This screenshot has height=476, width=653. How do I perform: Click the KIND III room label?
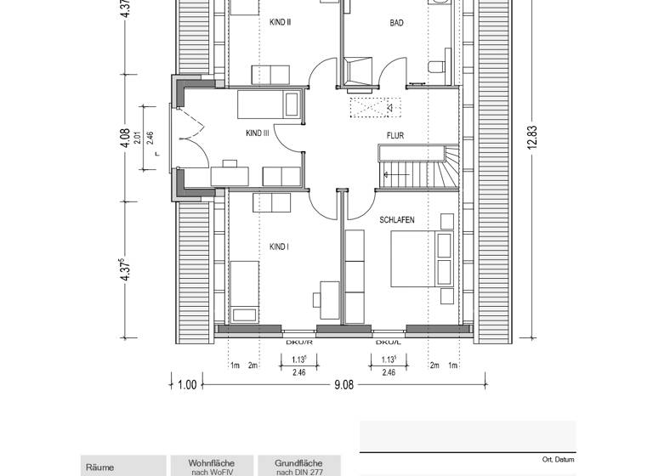258,133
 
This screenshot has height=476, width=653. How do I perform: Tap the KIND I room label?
279,247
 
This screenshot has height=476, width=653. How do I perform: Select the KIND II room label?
280,22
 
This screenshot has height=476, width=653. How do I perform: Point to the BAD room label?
396,23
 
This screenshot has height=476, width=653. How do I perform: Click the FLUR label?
395,136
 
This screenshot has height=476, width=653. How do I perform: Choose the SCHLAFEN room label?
397,220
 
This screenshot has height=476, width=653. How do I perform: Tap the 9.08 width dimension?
344,385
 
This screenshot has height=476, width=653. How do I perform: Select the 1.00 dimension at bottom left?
187,385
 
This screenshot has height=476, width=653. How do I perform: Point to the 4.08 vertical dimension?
125,139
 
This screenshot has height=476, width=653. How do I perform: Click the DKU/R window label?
299,343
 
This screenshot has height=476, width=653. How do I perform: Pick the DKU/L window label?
388,343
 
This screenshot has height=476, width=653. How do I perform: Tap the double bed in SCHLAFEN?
422,259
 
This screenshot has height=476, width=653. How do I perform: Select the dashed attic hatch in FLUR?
375,108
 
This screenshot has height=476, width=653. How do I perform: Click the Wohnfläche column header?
212,463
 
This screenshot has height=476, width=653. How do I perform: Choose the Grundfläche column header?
298,463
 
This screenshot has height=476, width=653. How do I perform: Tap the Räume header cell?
100,467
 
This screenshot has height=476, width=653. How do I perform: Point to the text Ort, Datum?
558,460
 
